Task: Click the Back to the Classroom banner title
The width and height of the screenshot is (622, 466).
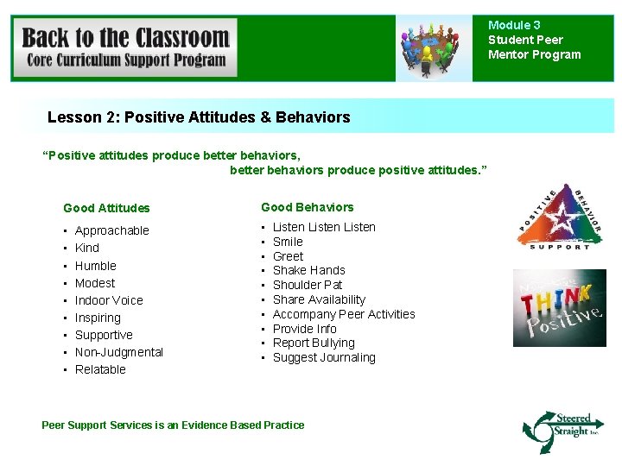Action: (125, 39)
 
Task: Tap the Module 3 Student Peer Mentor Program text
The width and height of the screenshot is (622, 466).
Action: (534, 41)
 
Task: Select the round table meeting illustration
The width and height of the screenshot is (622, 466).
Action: (434, 47)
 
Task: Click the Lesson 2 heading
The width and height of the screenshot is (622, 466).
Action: (199, 117)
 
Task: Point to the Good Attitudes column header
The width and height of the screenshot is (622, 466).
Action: (106, 208)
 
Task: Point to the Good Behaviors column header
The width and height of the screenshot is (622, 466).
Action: (307, 207)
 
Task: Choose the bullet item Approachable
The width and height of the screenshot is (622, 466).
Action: (111, 230)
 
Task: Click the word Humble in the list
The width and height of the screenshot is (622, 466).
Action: (95, 266)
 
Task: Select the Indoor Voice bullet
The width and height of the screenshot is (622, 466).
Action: (109, 300)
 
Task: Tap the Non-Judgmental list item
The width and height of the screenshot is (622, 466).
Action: (118, 352)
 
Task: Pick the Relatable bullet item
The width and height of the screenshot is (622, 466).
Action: (100, 369)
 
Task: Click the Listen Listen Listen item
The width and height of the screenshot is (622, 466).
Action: (324, 227)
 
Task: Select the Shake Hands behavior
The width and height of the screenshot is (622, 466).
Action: (308, 270)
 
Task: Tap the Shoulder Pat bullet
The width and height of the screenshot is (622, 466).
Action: (307, 285)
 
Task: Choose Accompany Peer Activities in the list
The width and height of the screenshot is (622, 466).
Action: (344, 314)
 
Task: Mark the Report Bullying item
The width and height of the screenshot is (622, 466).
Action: (314, 343)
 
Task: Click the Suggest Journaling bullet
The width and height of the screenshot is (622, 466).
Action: (324, 357)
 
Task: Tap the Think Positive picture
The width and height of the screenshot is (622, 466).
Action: (559, 308)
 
